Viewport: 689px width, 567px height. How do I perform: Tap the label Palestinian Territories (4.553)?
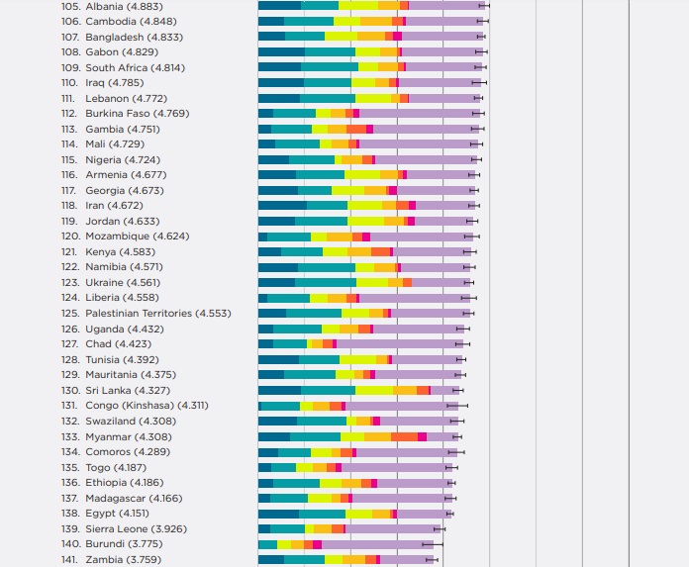tap(157, 314)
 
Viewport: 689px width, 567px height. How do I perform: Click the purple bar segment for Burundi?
tap(377, 544)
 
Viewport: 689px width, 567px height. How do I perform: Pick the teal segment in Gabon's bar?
tap(330, 51)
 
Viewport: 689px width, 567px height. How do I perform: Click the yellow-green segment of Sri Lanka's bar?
tap(373, 390)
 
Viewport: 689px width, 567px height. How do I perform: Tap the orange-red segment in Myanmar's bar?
tap(404, 436)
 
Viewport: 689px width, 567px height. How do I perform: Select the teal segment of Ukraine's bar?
tap(326, 283)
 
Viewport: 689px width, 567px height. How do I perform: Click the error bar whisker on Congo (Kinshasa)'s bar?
tap(457, 406)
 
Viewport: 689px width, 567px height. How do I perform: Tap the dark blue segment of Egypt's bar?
tap(278, 514)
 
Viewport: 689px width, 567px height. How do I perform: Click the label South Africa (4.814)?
tap(135, 67)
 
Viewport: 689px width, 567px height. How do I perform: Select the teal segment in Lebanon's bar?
tap(327, 98)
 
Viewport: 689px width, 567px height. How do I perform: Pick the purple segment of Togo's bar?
tap(397, 467)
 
